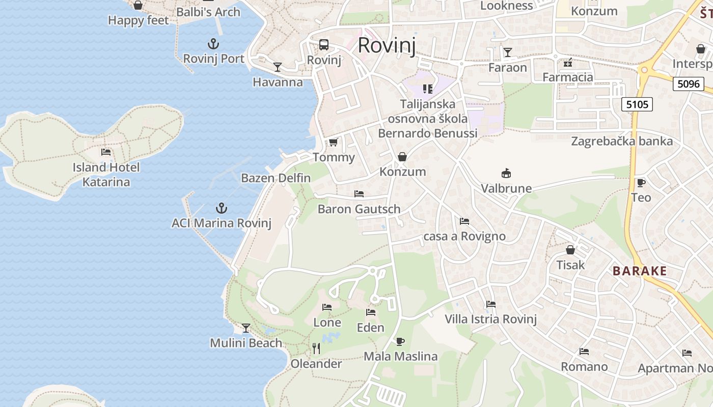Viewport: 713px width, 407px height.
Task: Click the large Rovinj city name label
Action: (387, 45)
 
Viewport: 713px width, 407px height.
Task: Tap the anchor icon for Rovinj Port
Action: (213, 43)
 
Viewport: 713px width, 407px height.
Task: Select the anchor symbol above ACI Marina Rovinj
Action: (221, 208)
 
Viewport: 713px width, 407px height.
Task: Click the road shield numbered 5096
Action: (689, 83)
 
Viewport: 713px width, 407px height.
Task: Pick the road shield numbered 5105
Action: (637, 104)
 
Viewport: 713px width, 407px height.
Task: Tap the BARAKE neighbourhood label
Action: (640, 271)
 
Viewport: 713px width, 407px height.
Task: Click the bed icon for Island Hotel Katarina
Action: (106, 152)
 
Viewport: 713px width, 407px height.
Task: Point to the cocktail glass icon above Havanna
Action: (278, 67)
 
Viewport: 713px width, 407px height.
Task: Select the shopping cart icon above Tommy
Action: (333, 142)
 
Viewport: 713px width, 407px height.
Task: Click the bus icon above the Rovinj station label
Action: (324, 45)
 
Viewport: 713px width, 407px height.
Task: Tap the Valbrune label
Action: (506, 188)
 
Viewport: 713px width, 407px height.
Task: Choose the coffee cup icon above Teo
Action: (641, 183)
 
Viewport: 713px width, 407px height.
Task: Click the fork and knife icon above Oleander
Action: (316, 348)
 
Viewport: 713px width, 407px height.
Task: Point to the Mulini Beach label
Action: (246, 343)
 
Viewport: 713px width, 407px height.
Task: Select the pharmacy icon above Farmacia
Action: (568, 63)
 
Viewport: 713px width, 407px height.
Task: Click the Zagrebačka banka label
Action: (622, 141)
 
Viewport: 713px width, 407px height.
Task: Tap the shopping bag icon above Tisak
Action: (570, 250)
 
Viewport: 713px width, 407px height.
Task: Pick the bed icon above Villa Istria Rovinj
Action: (491, 304)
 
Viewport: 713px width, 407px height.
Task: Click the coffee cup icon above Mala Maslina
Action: (400, 341)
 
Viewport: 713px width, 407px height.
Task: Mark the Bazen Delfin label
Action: (276, 178)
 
